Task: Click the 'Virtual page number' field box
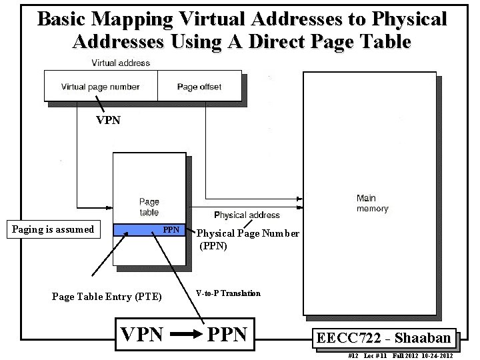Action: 101,87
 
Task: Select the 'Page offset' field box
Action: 199,87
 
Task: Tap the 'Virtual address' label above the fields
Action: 121,63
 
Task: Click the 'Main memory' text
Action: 371,203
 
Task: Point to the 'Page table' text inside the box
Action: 149,207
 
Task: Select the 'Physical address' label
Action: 247,215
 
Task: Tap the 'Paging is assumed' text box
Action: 53,229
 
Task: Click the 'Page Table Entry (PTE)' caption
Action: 107,297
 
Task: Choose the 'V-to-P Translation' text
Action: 228,293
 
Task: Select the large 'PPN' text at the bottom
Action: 227,334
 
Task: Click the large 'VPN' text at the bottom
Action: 141,334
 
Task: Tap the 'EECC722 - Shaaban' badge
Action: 383,338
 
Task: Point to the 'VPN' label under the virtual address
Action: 109,121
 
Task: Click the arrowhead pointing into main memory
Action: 299,198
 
